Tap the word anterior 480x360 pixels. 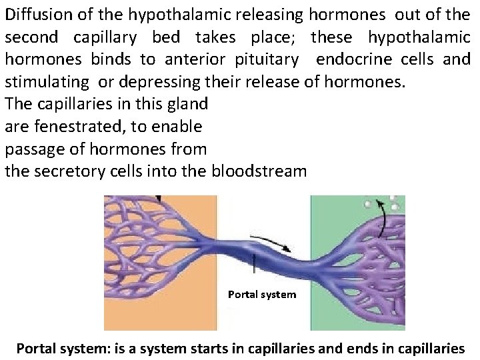click(x=194, y=60)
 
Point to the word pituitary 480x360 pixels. click(x=267, y=60)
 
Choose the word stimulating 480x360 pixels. click(x=47, y=83)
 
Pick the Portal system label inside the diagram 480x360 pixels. click(x=262, y=294)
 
